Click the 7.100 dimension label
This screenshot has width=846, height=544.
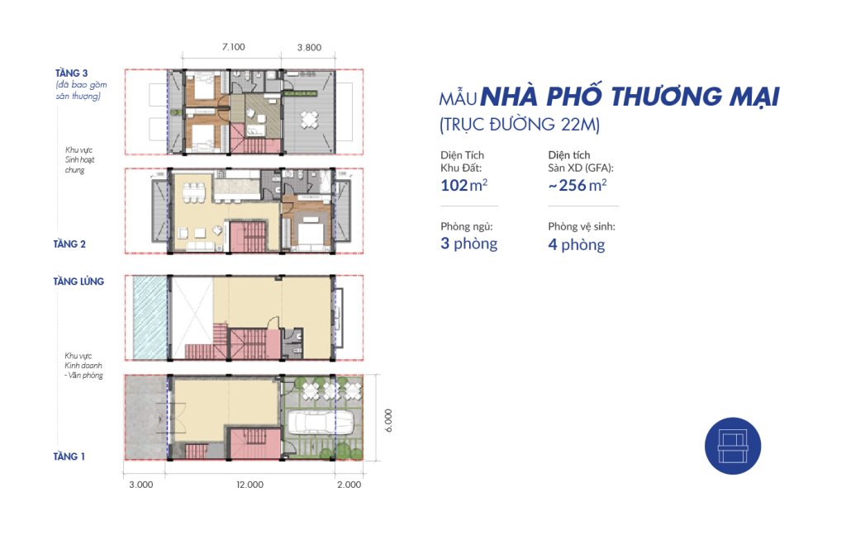coord(233,47)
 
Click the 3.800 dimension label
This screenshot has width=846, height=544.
coord(309,47)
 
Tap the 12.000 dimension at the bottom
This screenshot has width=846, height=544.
coord(250,485)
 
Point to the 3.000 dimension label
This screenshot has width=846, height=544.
coord(140,485)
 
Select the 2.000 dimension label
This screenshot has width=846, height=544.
coord(349,485)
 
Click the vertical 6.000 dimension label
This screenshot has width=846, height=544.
coord(388,420)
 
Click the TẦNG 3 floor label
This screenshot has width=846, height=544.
coord(71,73)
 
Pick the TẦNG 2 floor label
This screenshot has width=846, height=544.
coord(69,244)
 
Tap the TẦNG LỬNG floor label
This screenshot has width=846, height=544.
coord(78,281)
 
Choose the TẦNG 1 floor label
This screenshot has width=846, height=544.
coord(69,456)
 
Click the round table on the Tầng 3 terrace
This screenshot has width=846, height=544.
coord(310,119)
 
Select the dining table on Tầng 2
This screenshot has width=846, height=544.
coord(193,193)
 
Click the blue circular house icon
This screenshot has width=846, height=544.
coord(733,446)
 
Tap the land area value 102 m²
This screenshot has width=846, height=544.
coord(464,186)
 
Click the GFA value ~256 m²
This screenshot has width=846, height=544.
coord(577,186)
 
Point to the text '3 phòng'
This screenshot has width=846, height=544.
coord(469,244)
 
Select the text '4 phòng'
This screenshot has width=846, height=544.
coord(576,245)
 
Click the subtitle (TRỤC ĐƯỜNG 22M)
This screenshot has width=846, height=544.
coord(520,125)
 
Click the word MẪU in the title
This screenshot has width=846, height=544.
coord(458,99)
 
